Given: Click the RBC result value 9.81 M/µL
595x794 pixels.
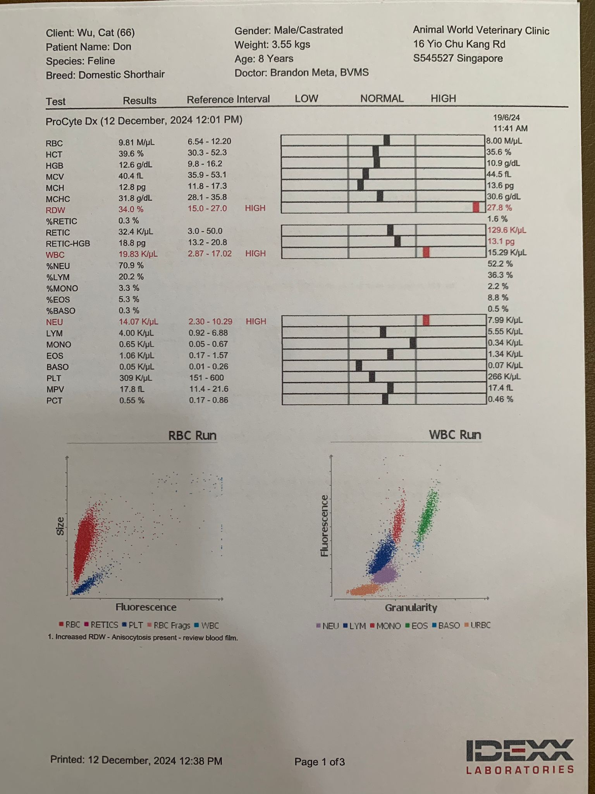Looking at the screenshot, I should click(x=136, y=142).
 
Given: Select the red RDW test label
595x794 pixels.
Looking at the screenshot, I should click(x=55, y=210).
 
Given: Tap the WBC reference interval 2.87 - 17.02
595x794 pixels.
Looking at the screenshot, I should click(x=210, y=254).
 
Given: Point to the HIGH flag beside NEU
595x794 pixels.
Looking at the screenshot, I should click(x=256, y=321).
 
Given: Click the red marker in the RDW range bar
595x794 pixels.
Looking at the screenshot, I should click(x=476, y=207).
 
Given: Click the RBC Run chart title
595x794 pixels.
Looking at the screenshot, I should click(x=192, y=435).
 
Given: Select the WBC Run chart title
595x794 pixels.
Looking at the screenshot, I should click(x=455, y=435).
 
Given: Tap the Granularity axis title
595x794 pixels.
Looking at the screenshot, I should click(x=411, y=608).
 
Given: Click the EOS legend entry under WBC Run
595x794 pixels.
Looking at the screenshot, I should click(x=417, y=625).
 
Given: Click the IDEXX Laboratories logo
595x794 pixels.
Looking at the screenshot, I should click(x=520, y=756).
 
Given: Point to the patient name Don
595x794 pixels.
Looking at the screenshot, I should click(x=122, y=47).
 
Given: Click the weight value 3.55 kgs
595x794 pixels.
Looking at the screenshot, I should click(x=291, y=45).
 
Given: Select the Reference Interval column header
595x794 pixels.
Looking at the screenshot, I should click(x=228, y=100).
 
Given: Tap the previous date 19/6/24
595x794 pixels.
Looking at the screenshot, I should click(x=506, y=117).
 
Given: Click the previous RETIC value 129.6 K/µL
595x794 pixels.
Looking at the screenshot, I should click(x=506, y=230).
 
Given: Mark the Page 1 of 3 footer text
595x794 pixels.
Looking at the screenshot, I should click(x=320, y=762).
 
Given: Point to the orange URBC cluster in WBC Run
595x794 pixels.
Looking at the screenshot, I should click(x=364, y=590).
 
